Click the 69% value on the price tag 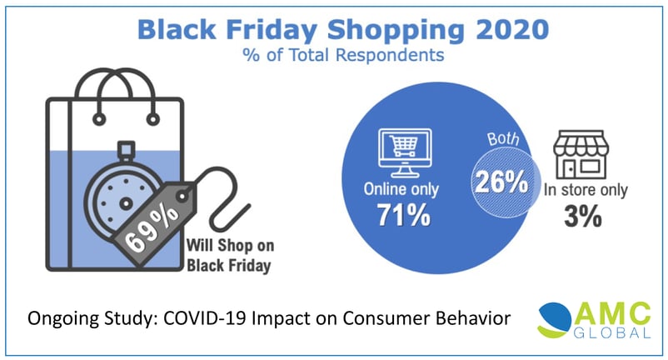pos(152,230)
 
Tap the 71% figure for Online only pos(404,215)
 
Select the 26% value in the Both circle pos(501,182)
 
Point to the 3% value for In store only pos(583,216)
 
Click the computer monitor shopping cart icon pos(405,152)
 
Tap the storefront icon pos(581,154)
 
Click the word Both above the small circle pos(503,139)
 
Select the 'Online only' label pos(401,189)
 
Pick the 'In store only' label pos(586,190)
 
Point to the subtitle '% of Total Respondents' pos(343,55)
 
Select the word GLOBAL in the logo pos(612,332)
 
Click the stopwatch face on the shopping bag pos(125,202)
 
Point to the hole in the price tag pos(182,196)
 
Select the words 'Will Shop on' pos(230,245)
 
